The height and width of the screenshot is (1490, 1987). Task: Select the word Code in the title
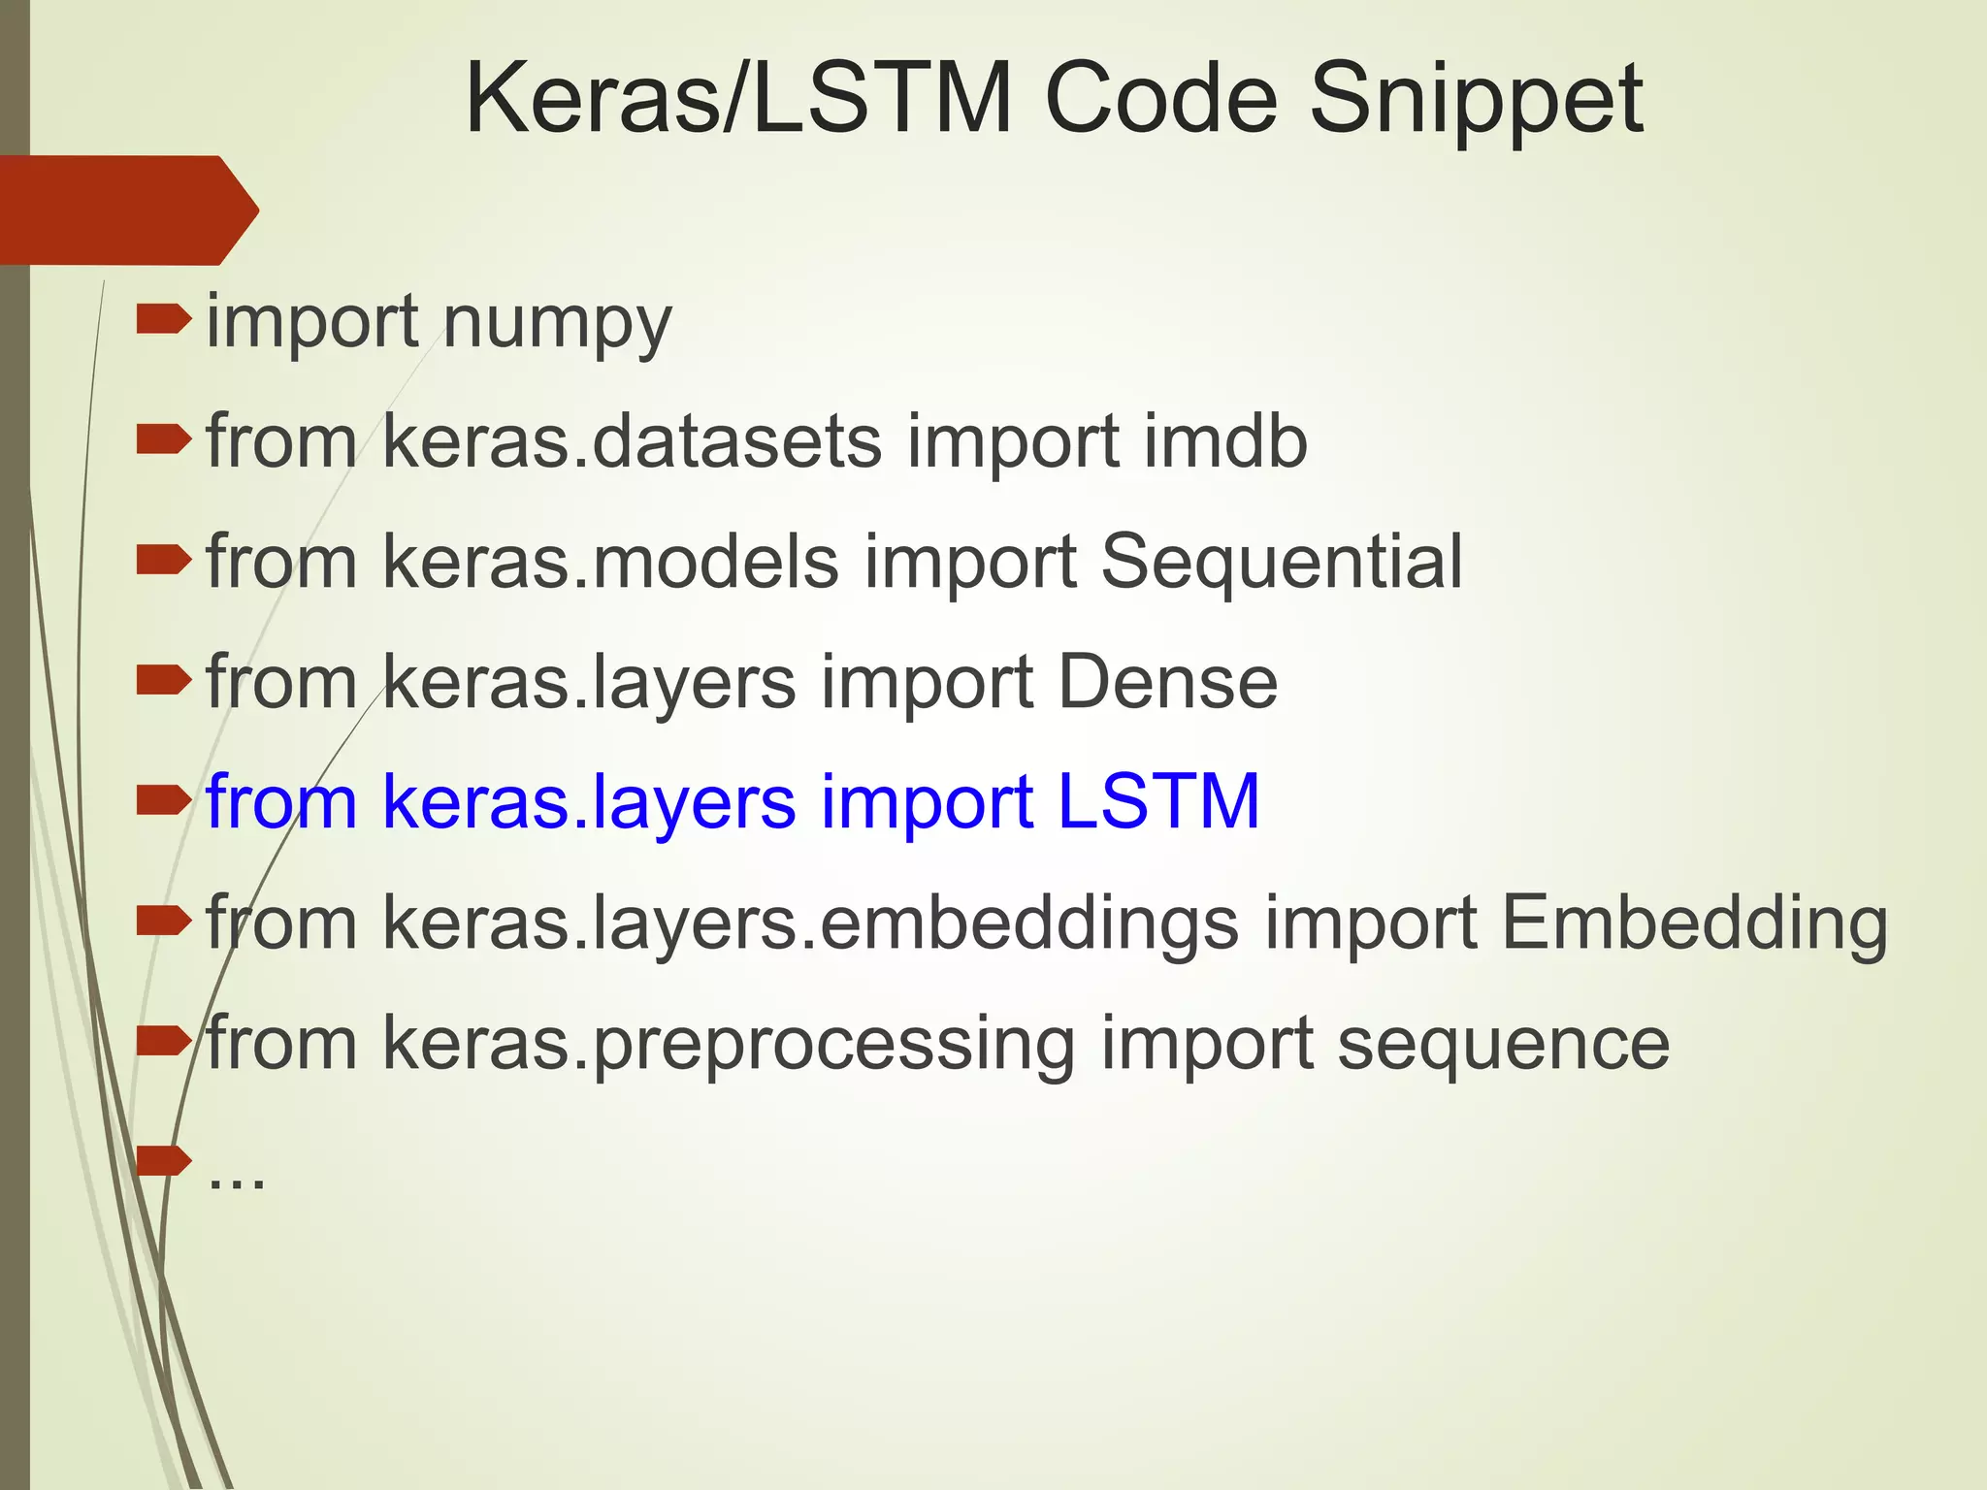pos(1161,99)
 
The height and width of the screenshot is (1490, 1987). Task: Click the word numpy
pos(557,324)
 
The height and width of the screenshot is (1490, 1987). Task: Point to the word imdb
pos(1225,442)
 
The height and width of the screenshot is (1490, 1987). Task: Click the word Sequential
pos(1281,563)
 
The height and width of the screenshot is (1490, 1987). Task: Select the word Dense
pos(1167,683)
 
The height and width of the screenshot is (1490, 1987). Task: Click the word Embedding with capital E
pos(1694,923)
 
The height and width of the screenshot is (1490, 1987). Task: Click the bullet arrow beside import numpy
pos(163,319)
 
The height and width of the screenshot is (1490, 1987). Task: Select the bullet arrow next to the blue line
pos(163,800)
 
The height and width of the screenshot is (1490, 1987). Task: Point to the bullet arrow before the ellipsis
pos(163,1159)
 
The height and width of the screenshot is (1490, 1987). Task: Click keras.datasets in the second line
pos(632,442)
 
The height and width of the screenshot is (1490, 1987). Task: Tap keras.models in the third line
pos(610,563)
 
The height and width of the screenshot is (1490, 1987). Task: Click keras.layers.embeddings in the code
pos(810,923)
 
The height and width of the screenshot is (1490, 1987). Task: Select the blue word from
pos(281,803)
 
